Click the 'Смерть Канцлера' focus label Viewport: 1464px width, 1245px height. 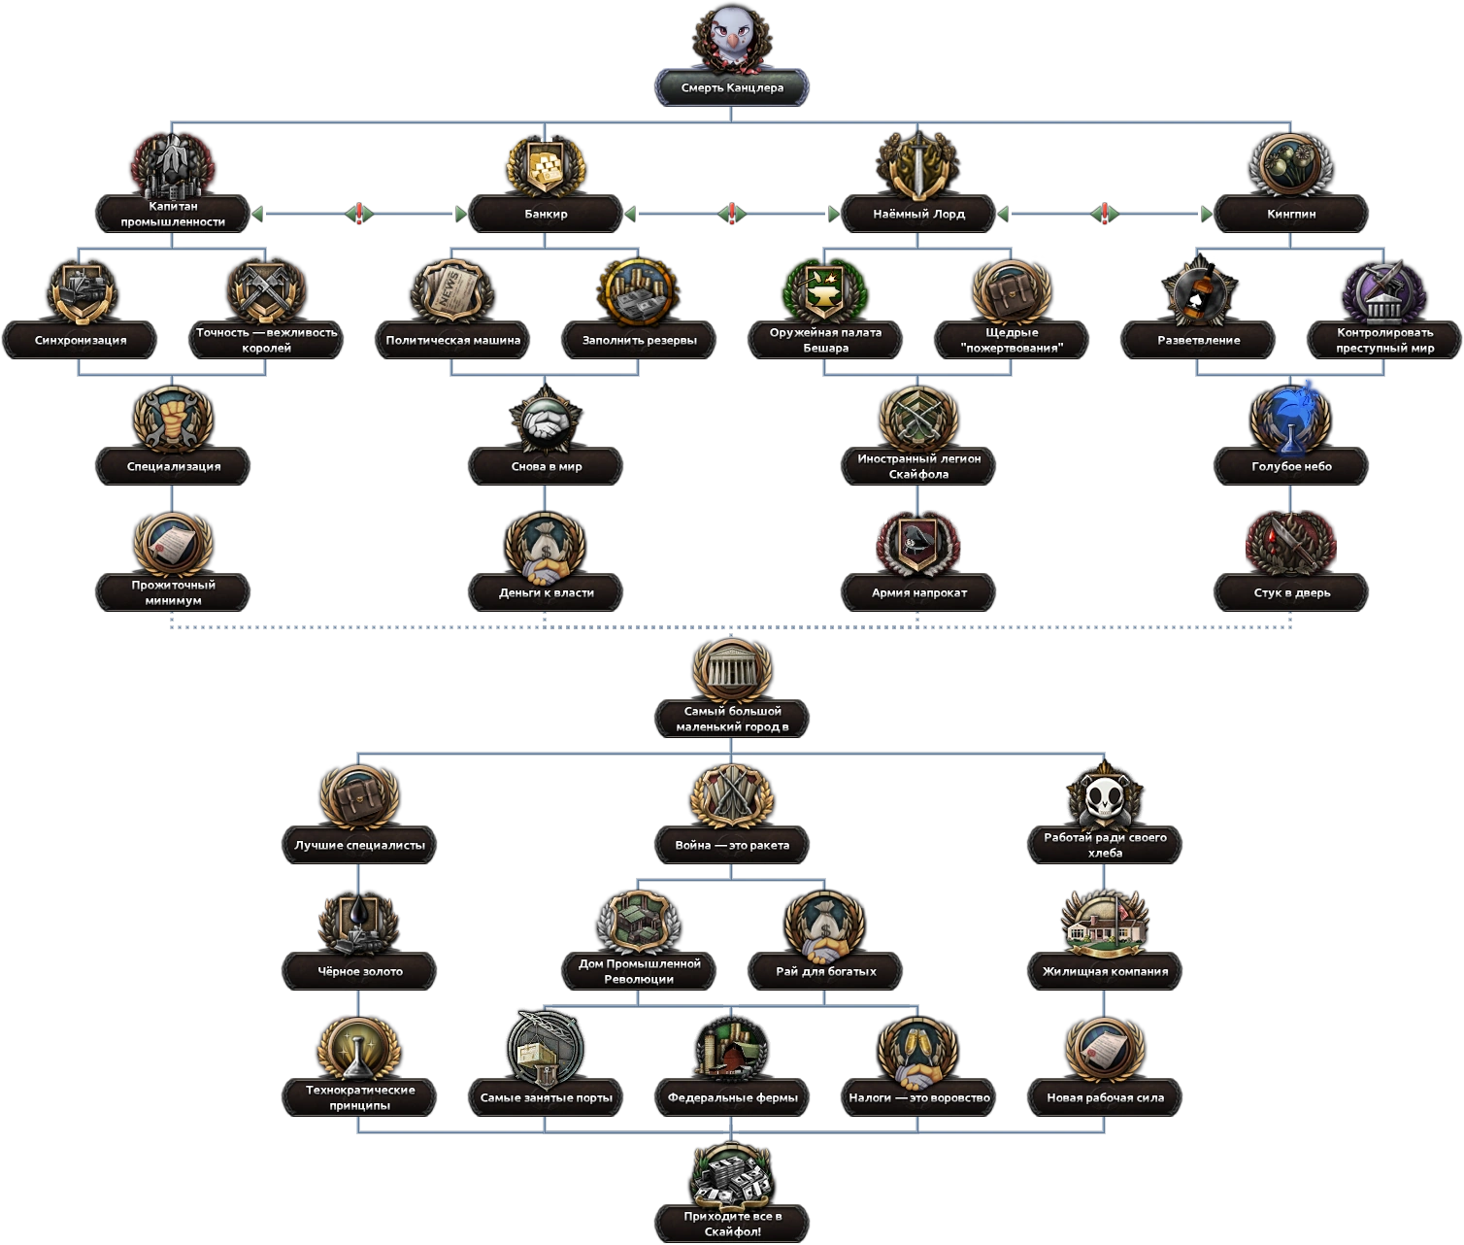coord(732,87)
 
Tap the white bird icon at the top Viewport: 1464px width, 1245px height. coord(732,35)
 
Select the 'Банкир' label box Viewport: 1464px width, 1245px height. coord(546,214)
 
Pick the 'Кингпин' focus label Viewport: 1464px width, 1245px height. coord(1291,214)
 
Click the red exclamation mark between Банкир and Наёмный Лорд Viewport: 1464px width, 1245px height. coord(732,214)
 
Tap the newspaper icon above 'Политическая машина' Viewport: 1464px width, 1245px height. coord(452,289)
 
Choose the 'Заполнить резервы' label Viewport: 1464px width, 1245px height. coord(639,340)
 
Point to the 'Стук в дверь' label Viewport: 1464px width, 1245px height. coord(1291,592)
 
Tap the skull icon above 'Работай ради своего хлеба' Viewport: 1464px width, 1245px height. coord(1105,796)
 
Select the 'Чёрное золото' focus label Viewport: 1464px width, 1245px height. coord(359,971)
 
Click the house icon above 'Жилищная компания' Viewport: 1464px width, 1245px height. coord(1105,921)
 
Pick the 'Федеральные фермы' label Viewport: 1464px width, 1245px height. coord(732,1097)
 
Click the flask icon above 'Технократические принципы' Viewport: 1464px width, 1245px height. coord(359,1049)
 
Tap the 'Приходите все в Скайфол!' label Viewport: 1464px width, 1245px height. coord(732,1224)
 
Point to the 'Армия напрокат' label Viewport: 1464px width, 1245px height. coord(918,592)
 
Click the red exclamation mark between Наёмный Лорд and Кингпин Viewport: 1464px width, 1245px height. coord(1105,214)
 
